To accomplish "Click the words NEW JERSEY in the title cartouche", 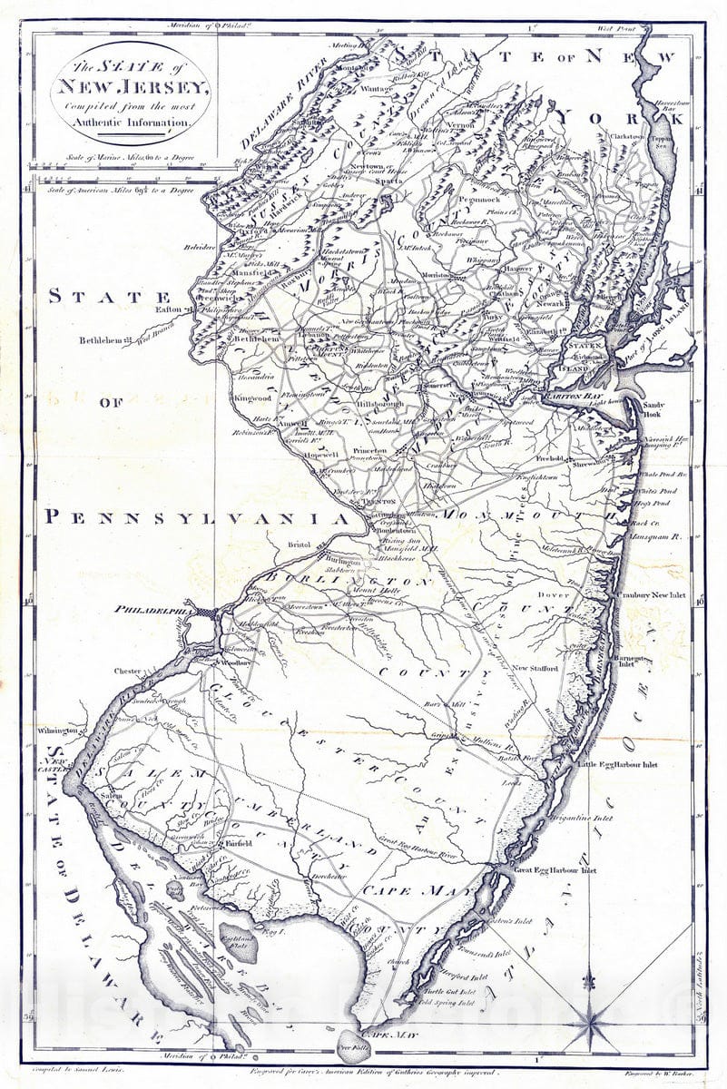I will [133, 88].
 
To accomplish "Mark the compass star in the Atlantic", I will [593, 1022].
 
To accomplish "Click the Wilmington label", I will [58, 730].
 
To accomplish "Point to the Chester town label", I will [127, 672].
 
